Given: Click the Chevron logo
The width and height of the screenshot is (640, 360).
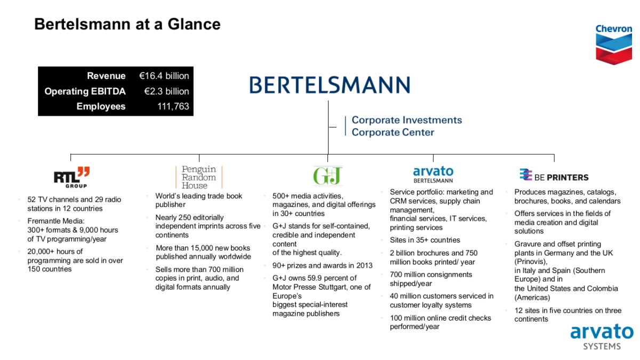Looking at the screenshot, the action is [x=614, y=45].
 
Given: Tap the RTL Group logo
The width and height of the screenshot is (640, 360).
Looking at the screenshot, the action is [x=71, y=177].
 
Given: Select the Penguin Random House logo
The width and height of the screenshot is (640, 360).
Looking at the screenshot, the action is [x=199, y=177].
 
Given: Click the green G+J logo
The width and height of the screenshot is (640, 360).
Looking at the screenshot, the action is [x=327, y=175].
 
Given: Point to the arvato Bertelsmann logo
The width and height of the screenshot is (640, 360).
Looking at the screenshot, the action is [x=433, y=174].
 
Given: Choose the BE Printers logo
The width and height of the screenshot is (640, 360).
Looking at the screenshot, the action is [x=554, y=175].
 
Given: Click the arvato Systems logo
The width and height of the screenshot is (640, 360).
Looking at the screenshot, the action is [x=602, y=337].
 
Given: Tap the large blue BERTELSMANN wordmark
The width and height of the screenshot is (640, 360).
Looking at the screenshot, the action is [x=330, y=85].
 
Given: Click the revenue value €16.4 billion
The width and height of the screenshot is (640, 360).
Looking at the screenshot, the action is [x=164, y=76].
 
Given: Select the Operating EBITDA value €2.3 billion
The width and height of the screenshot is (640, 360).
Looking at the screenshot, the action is [x=166, y=91].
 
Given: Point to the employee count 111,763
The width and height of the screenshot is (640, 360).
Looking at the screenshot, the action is [x=173, y=106].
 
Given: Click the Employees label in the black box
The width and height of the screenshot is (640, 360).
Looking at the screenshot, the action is [x=101, y=106].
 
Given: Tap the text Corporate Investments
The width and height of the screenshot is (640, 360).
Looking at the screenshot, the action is [x=406, y=120].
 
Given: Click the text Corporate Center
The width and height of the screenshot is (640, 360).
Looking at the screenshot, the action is [x=393, y=132].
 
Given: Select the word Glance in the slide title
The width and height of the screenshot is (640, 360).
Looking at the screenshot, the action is [x=194, y=24].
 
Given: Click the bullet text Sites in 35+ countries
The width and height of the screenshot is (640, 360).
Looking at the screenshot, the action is [x=425, y=240].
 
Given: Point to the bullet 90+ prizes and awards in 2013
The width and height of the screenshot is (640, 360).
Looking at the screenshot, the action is [x=322, y=266].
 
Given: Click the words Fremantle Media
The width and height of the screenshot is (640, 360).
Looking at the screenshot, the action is [x=55, y=221].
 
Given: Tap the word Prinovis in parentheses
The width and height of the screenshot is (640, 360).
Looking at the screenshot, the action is [x=531, y=262].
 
